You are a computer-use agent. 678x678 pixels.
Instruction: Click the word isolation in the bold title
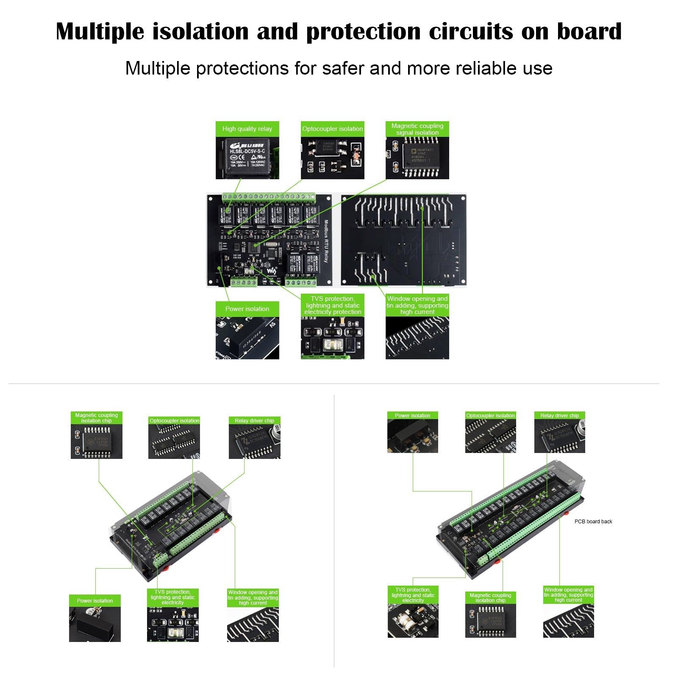[200, 31]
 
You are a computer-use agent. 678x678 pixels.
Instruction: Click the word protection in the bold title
[363, 32]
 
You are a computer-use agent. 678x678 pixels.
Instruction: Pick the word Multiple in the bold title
[100, 32]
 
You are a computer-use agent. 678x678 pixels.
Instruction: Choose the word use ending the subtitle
[538, 69]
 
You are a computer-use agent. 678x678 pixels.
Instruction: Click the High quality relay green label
[247, 129]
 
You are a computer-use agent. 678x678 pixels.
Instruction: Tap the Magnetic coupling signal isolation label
[417, 129]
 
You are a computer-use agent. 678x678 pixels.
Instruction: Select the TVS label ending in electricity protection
[333, 305]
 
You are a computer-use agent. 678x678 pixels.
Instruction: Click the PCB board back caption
[593, 522]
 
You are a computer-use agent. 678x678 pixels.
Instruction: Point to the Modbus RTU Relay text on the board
[326, 241]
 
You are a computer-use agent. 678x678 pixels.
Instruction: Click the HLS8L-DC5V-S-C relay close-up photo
[247, 158]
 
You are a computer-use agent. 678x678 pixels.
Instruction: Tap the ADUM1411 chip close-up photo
[417, 158]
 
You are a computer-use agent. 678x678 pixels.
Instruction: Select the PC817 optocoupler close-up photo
[333, 158]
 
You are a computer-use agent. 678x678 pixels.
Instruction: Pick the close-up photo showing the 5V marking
[247, 338]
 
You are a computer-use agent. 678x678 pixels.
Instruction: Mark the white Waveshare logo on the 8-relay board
[271, 271]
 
